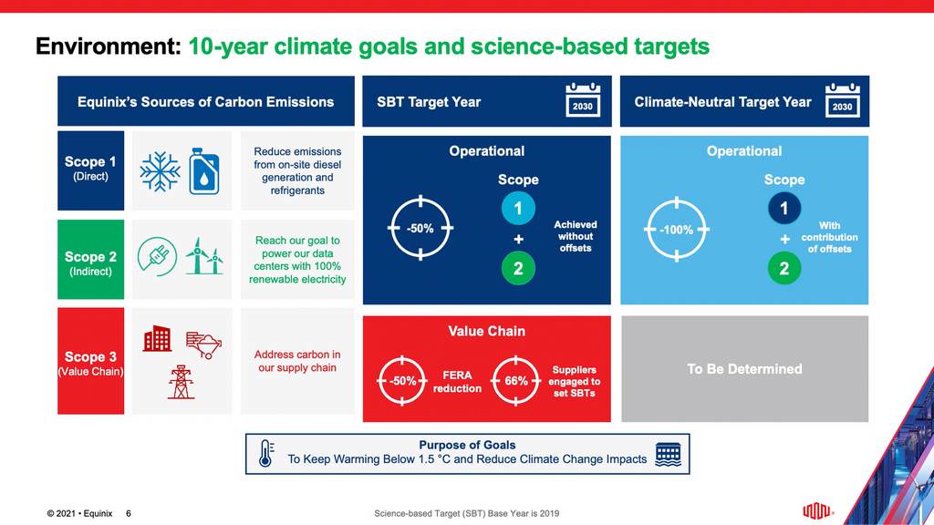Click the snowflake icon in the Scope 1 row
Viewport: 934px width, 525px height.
160,171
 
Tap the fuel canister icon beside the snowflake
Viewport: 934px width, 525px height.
203,171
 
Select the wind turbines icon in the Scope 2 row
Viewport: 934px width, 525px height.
204,256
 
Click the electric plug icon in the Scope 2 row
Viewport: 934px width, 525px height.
156,256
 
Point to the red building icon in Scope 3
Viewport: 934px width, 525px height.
157,339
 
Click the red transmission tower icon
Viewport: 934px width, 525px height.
181,382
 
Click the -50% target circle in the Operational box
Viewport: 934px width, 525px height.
420,229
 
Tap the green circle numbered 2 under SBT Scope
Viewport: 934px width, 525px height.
517,269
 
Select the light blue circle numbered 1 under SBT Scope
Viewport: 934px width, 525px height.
517,210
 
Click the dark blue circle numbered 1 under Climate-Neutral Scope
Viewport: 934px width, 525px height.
784,210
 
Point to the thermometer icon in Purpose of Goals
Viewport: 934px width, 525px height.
265,453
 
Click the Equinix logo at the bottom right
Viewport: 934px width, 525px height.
816,510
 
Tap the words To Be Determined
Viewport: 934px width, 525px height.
744,369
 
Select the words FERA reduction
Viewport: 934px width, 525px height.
456,382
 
